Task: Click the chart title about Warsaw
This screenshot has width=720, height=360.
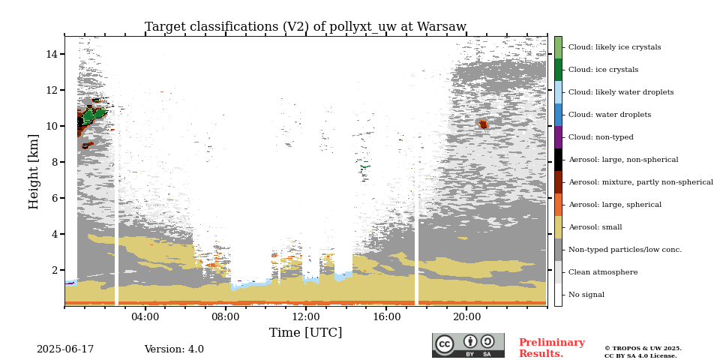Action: pyautogui.click(x=305, y=27)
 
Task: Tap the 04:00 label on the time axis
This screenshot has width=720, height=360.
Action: pyautogui.click(x=145, y=316)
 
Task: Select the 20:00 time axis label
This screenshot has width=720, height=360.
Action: pyautogui.click(x=466, y=316)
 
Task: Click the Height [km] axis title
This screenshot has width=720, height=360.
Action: pyautogui.click(x=34, y=172)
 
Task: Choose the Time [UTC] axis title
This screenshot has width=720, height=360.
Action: pyautogui.click(x=305, y=332)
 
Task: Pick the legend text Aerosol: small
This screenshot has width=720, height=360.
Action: pyautogui.click(x=595, y=227)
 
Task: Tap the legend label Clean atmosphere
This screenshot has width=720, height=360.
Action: pyautogui.click(x=603, y=272)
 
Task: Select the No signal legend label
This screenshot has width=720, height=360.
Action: pyautogui.click(x=586, y=295)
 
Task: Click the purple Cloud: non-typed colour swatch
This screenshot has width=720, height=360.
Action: pyautogui.click(x=558, y=137)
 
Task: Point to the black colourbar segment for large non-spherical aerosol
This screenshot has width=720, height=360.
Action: pyautogui.click(x=558, y=160)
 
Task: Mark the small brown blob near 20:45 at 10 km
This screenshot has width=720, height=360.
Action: pyautogui.click(x=482, y=124)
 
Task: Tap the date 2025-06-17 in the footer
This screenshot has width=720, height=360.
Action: pyautogui.click(x=65, y=349)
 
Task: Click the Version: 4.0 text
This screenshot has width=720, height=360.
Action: pyautogui.click(x=174, y=349)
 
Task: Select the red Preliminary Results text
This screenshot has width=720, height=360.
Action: pyautogui.click(x=552, y=348)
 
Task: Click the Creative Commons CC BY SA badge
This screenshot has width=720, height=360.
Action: pyautogui.click(x=468, y=345)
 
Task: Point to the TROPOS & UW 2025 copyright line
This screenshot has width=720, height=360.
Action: pyautogui.click(x=643, y=349)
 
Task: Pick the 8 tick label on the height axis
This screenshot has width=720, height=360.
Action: pyautogui.click(x=54, y=162)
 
